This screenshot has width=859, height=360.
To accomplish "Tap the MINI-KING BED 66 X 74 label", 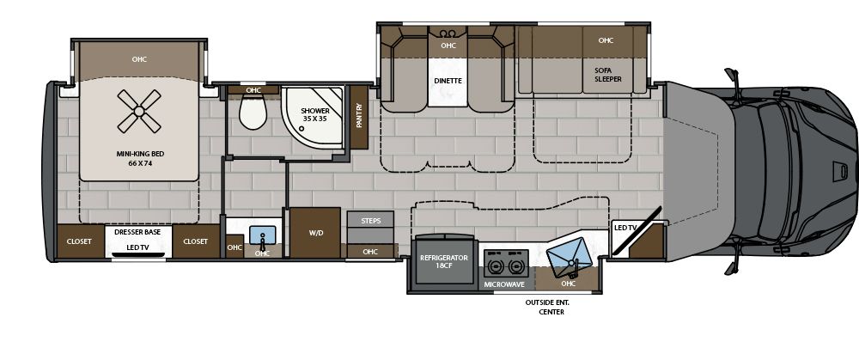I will (x=140, y=157).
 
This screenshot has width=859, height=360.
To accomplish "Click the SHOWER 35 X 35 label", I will (x=314, y=116).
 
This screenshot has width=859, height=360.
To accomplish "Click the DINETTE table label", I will (x=448, y=81).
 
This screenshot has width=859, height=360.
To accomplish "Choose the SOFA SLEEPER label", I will (x=607, y=75).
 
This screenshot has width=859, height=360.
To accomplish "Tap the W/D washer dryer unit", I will (x=316, y=232).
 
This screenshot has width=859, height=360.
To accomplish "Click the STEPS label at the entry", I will (x=370, y=221).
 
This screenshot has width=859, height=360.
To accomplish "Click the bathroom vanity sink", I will (x=262, y=235).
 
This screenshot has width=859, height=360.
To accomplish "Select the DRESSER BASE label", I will (x=138, y=232).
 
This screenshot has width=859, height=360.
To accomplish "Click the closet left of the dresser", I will (x=80, y=241).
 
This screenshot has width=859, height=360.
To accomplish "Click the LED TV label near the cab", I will (x=624, y=228).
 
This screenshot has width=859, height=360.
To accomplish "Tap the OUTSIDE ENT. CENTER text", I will (x=548, y=307).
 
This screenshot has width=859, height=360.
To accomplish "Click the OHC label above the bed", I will (x=139, y=59).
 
